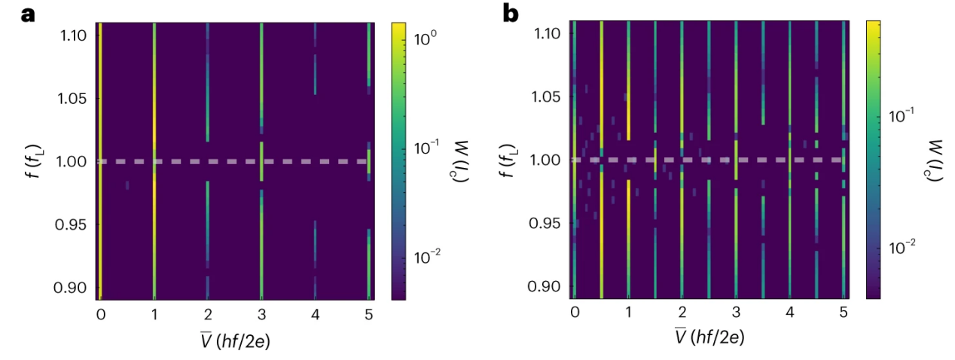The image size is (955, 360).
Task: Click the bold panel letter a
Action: tap(28, 14)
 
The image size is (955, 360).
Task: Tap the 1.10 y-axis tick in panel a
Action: tap(74, 35)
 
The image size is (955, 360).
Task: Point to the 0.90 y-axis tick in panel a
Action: tap(74, 288)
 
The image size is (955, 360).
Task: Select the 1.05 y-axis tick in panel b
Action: tap(548, 97)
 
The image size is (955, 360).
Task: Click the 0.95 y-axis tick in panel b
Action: tap(548, 223)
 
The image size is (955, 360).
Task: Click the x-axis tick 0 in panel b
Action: tap(574, 313)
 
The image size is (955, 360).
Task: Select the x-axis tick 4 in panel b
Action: tap(789, 313)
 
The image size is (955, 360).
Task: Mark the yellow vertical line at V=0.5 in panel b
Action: tap(601, 226)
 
